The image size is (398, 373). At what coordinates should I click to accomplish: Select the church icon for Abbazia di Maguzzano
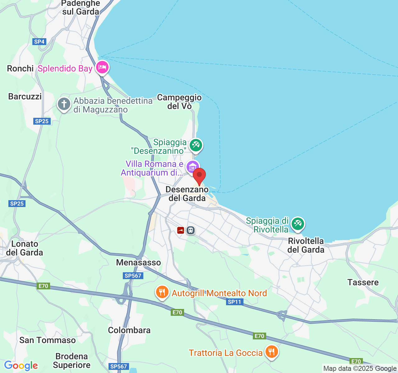pos(64,104)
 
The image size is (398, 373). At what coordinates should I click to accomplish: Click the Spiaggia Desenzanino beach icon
pos(196,145)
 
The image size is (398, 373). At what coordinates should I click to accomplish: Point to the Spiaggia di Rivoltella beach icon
pos(298,224)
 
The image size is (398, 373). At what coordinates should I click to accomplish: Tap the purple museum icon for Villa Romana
pos(192,167)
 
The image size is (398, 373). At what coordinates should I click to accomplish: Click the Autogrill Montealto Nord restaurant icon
pos(162,292)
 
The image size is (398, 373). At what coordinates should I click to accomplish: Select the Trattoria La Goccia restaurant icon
pos(272,352)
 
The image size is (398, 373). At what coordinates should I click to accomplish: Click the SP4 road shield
pos(39,42)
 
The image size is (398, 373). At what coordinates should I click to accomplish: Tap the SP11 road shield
pos(234,302)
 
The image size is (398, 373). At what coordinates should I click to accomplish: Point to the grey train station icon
pos(191,230)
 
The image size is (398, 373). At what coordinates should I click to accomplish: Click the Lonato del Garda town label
pos(24,248)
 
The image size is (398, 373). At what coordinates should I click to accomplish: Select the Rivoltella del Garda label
pos(306,245)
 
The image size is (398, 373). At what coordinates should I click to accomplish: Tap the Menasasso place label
pos(138,263)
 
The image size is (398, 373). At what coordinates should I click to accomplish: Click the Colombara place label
pos(129,330)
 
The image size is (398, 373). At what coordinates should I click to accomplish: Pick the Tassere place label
pos(363,282)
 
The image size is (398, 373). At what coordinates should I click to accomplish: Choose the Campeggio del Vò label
pos(179,102)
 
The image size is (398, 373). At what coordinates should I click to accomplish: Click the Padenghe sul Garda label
pos(81,8)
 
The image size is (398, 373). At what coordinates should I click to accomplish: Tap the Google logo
pos(21,366)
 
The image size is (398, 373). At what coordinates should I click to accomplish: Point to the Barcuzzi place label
pos(25,96)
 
